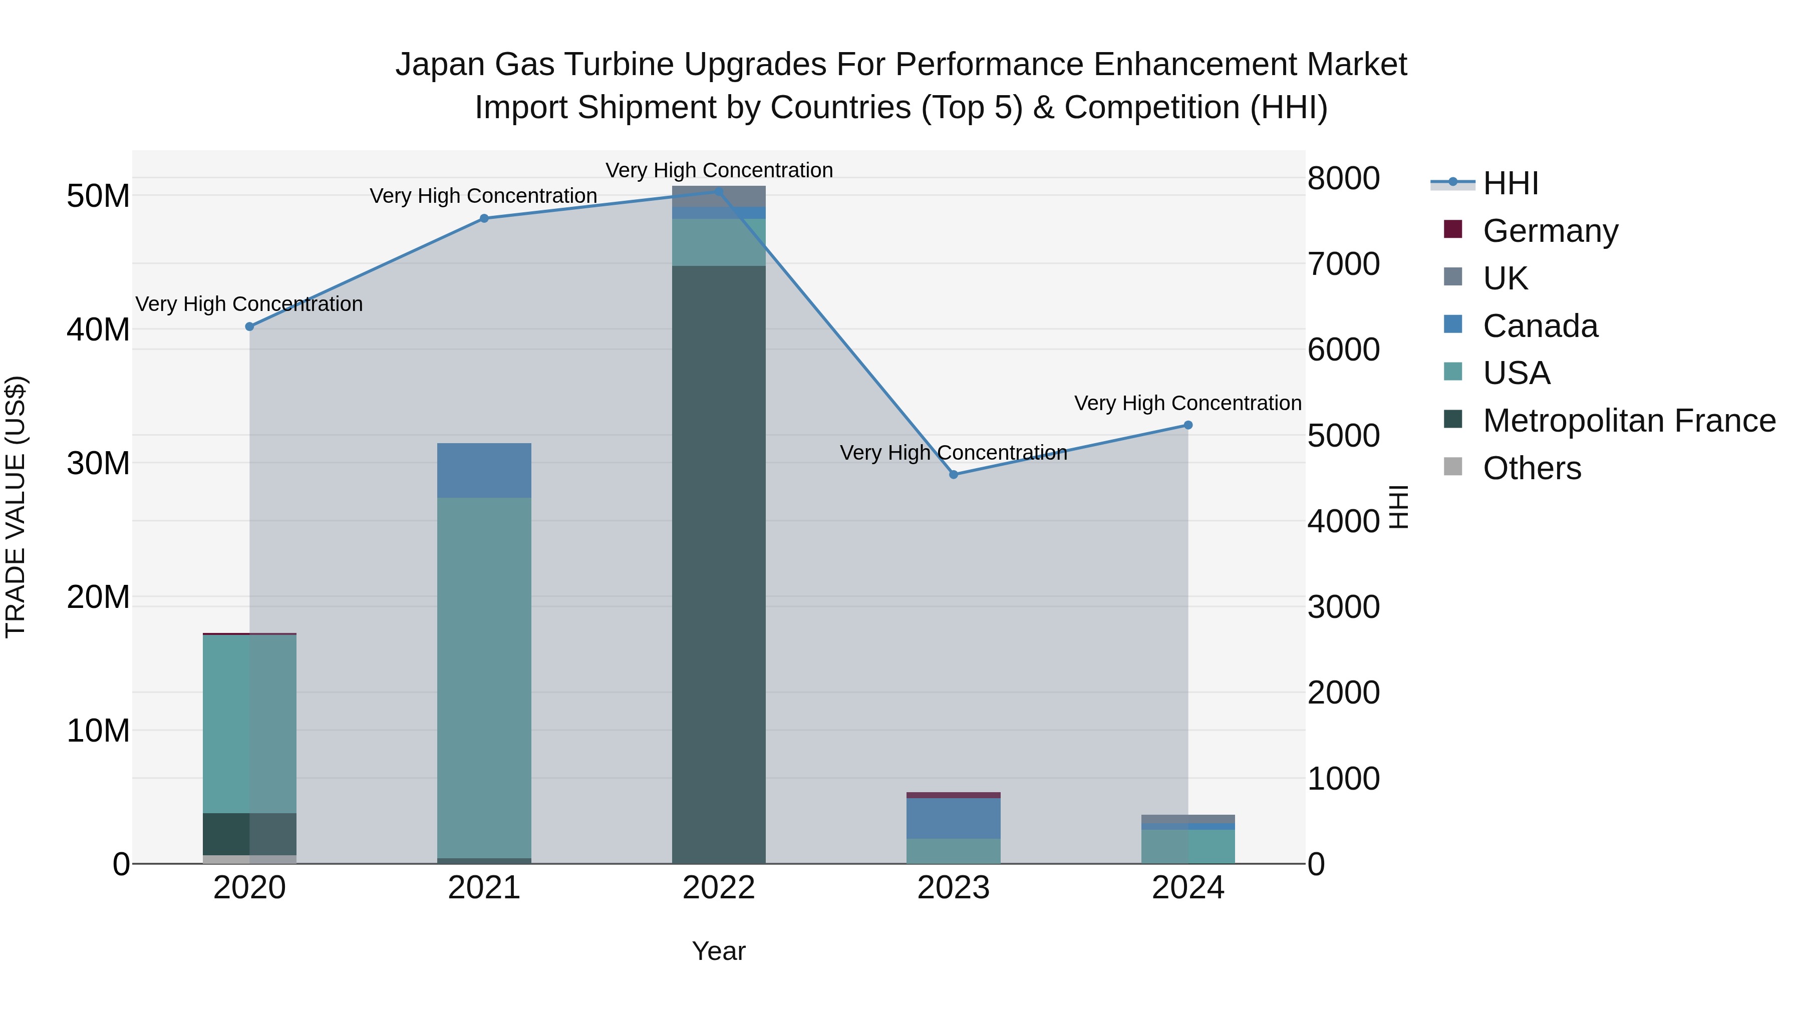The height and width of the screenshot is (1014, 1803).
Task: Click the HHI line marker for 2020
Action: click(x=249, y=327)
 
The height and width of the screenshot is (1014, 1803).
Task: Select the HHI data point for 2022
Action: click(x=718, y=191)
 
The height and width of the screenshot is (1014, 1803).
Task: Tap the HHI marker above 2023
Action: click(x=953, y=475)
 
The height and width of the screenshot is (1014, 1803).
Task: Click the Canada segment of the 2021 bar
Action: click(x=484, y=470)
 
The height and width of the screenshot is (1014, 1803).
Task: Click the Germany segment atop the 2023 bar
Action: click(x=953, y=795)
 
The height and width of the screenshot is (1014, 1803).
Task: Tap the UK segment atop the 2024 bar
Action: click(x=1188, y=819)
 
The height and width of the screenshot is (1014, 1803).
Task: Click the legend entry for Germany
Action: click(x=1549, y=231)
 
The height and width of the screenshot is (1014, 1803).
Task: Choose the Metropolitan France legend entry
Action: click(x=1628, y=421)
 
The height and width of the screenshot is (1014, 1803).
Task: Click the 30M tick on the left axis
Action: click(x=98, y=463)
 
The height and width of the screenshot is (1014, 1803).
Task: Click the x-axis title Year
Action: click(x=718, y=951)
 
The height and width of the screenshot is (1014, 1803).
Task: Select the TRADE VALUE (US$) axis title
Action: click(x=16, y=507)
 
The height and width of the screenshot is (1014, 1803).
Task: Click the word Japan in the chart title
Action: click(x=440, y=65)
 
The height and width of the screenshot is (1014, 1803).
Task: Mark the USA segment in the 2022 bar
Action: click(x=718, y=242)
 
